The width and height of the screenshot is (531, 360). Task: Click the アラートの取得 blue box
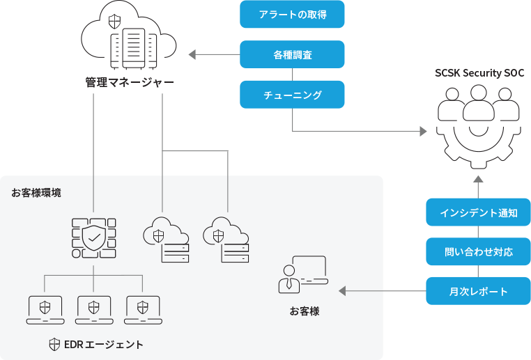[292, 14]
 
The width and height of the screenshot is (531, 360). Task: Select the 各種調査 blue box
[292, 54]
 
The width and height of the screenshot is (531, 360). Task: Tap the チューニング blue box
[292, 95]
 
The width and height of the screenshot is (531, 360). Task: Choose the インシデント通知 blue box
[478, 212]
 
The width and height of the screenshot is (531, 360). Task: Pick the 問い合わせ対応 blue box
[478, 251]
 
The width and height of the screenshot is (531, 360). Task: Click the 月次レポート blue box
[478, 291]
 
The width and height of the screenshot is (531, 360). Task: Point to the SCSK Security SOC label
[479, 73]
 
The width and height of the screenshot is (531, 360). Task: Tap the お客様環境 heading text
[36, 193]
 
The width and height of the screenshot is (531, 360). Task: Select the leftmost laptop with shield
[45, 310]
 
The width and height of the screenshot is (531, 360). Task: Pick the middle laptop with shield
[93, 310]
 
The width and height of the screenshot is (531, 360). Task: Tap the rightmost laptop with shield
[142, 310]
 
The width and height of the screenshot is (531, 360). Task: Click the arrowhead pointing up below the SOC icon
[478, 180]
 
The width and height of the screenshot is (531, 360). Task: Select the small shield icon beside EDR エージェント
[54, 345]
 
